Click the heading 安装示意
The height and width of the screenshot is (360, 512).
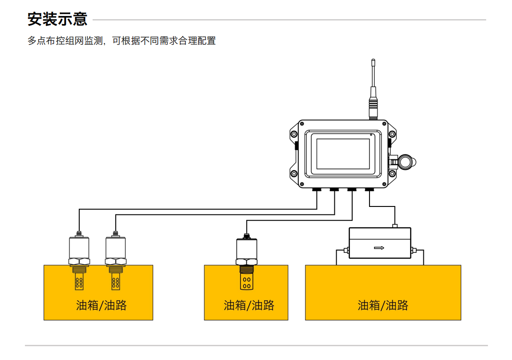[x=57, y=20]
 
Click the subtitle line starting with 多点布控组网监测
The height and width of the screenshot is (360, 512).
[x=122, y=41]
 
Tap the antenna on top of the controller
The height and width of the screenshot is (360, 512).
[x=373, y=89]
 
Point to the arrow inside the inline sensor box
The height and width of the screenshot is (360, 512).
[x=379, y=248]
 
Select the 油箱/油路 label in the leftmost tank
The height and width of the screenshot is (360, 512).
[x=102, y=305]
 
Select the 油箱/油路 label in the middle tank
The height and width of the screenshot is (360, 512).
[x=249, y=305]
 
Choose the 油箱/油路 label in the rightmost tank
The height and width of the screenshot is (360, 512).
[x=383, y=305]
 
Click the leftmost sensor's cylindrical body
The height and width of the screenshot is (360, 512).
[x=79, y=247]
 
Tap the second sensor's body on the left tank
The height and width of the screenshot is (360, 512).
[x=115, y=247]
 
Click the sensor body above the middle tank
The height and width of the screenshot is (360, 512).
[x=246, y=249]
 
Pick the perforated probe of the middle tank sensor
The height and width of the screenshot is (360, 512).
[x=246, y=281]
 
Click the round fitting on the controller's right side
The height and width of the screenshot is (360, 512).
[x=405, y=161]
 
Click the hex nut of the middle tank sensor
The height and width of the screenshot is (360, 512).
[x=246, y=262]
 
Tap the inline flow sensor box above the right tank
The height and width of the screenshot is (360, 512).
[x=379, y=243]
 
